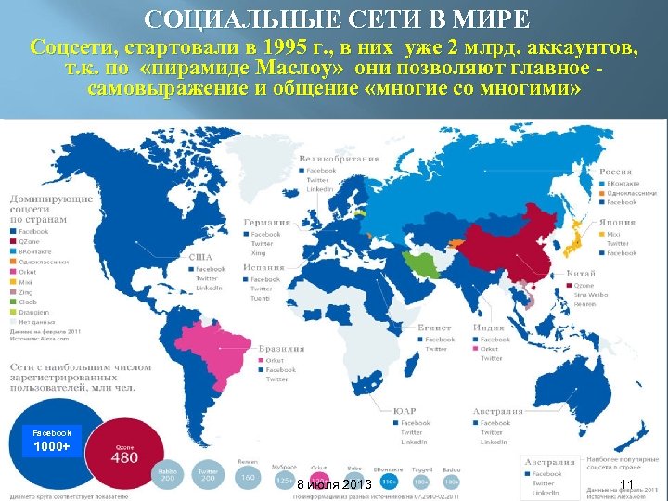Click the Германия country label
click(267, 223)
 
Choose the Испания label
click(266, 268)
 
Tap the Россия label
click(616, 172)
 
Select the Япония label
click(617, 223)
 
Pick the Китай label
click(583, 275)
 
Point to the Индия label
click(488, 328)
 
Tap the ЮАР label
click(404, 411)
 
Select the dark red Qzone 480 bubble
click(124, 453)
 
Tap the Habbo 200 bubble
click(167, 474)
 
